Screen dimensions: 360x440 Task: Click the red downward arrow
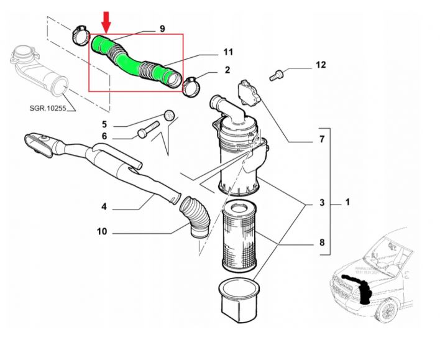point(106,22)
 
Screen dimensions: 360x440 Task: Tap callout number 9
point(162,29)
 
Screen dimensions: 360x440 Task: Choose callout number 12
point(320,64)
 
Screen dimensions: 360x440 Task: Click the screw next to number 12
point(277,76)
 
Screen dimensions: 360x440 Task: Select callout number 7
point(321,139)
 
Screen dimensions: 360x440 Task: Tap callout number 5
point(104,123)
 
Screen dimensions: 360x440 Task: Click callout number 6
point(104,136)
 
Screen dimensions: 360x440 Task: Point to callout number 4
point(104,206)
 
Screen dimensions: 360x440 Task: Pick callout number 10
point(101,232)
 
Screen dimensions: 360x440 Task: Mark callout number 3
point(321,203)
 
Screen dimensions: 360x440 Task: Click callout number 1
point(347,203)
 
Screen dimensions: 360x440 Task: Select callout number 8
point(321,242)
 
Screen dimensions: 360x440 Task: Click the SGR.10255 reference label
point(48,109)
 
